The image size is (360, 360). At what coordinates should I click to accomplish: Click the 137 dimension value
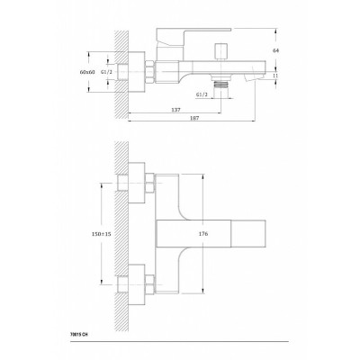(176, 110)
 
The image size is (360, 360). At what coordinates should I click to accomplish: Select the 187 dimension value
(194, 118)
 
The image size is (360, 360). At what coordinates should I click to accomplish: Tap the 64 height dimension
(275, 50)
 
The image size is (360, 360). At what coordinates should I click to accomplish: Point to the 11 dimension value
(275, 76)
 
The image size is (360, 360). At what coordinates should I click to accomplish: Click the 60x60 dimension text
(87, 72)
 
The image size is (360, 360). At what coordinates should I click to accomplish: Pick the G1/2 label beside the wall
(106, 72)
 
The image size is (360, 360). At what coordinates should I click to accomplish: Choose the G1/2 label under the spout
(202, 94)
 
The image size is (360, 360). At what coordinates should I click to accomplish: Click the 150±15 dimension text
(101, 234)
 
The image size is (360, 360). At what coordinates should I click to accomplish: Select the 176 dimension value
(203, 234)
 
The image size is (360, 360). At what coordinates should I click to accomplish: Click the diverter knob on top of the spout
(221, 51)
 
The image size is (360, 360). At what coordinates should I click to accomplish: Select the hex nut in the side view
(149, 72)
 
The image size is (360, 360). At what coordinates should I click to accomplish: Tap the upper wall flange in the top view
(137, 183)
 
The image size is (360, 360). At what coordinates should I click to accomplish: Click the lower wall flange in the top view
(137, 284)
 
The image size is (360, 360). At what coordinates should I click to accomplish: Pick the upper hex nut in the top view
(149, 183)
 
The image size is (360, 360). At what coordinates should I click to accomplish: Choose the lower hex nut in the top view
(149, 284)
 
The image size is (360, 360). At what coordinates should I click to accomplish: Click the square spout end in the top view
(248, 234)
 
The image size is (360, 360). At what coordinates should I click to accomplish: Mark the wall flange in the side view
(137, 72)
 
